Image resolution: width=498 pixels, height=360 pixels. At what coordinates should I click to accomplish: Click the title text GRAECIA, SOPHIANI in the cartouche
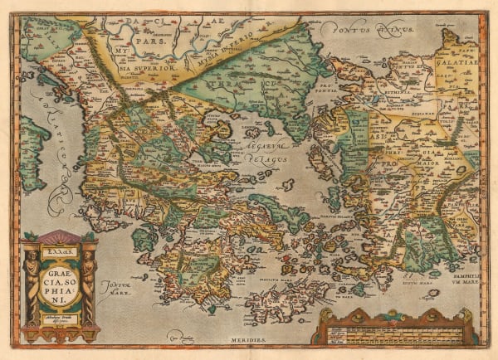[61, 283]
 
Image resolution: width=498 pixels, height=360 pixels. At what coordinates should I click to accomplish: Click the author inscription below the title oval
[61, 319]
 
